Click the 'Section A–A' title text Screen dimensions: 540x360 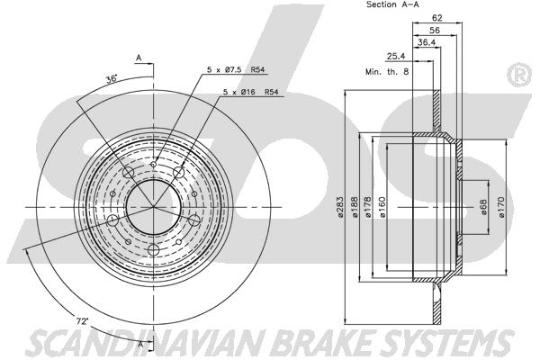pos(392,5)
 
